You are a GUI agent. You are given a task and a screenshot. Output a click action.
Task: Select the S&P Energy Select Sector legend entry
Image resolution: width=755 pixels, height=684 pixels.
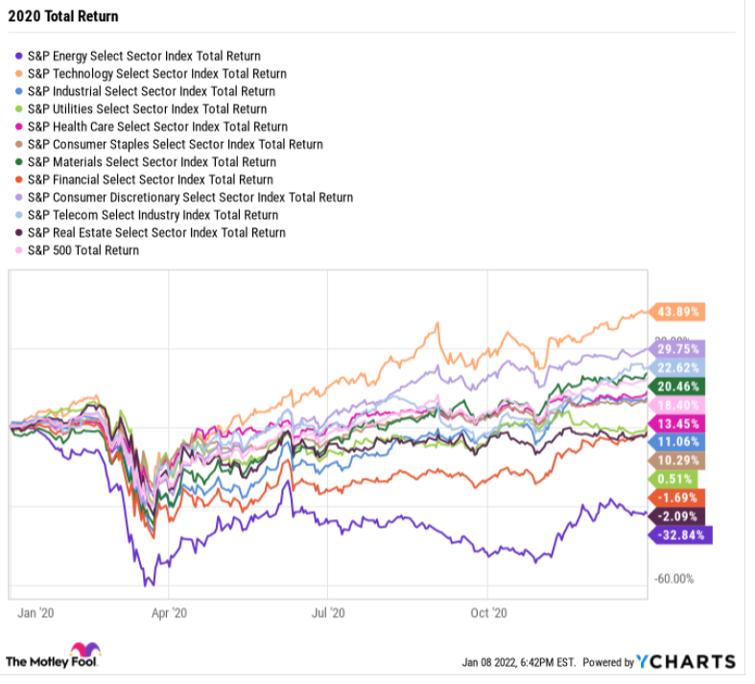[144, 56]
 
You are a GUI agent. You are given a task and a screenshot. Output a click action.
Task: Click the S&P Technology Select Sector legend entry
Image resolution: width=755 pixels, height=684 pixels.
[156, 73]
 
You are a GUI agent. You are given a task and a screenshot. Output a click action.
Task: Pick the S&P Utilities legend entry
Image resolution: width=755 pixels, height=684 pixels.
[147, 108]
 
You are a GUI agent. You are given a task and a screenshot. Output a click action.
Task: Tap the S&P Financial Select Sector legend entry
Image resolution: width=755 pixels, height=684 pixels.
[150, 179]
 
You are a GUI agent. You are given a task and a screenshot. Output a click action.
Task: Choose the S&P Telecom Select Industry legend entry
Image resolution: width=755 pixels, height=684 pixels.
[153, 215]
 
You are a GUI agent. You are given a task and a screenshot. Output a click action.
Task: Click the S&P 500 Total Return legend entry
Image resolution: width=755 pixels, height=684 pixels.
[83, 250]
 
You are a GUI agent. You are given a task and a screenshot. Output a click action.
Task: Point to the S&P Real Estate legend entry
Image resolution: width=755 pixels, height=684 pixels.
[156, 232]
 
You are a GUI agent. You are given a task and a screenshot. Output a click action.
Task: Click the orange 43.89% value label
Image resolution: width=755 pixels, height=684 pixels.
[679, 312]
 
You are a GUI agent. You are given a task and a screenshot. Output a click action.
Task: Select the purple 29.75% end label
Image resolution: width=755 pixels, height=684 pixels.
[679, 349]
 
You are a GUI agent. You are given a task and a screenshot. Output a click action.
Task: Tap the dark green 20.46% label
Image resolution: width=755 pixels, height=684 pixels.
[679, 387]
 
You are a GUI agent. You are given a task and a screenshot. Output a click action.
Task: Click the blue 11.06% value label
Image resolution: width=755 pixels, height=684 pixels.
[679, 441]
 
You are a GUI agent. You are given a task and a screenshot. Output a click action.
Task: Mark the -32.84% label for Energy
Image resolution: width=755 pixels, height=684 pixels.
[682, 534]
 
